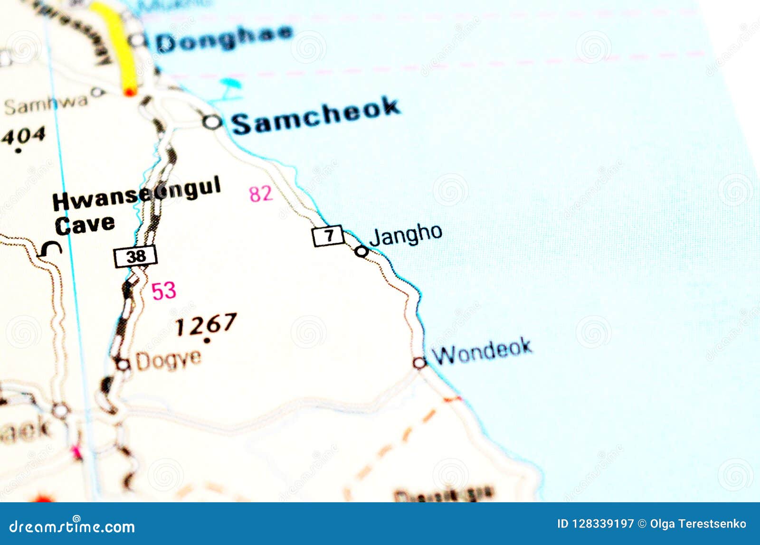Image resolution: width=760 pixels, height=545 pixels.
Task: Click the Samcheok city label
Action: coord(316,116)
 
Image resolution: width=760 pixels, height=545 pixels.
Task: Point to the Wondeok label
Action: coord(482,351)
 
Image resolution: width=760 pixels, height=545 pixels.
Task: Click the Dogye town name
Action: coord(168,360)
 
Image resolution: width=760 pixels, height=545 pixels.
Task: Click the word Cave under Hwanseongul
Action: coord(85,225)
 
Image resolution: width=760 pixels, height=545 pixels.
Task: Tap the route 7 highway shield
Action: coord(328,235)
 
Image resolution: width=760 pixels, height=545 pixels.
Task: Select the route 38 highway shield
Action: coord(135,256)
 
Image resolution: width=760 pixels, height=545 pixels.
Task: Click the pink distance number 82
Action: coord(261,194)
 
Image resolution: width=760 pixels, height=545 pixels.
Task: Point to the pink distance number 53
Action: coord(163,291)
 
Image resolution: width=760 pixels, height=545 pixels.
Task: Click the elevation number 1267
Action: coord(206,325)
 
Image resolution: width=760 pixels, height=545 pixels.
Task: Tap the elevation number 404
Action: coord(23,136)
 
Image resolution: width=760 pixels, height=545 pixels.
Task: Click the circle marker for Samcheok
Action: coord(212,122)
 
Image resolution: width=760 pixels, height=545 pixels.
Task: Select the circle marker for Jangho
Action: coord(361,251)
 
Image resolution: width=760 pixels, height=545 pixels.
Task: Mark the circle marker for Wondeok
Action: coord(419,363)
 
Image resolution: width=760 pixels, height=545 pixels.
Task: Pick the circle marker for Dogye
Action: coord(123,365)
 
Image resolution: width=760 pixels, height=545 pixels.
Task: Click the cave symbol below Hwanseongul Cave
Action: coord(50,249)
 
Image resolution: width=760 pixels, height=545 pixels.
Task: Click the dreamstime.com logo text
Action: coord(72,526)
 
